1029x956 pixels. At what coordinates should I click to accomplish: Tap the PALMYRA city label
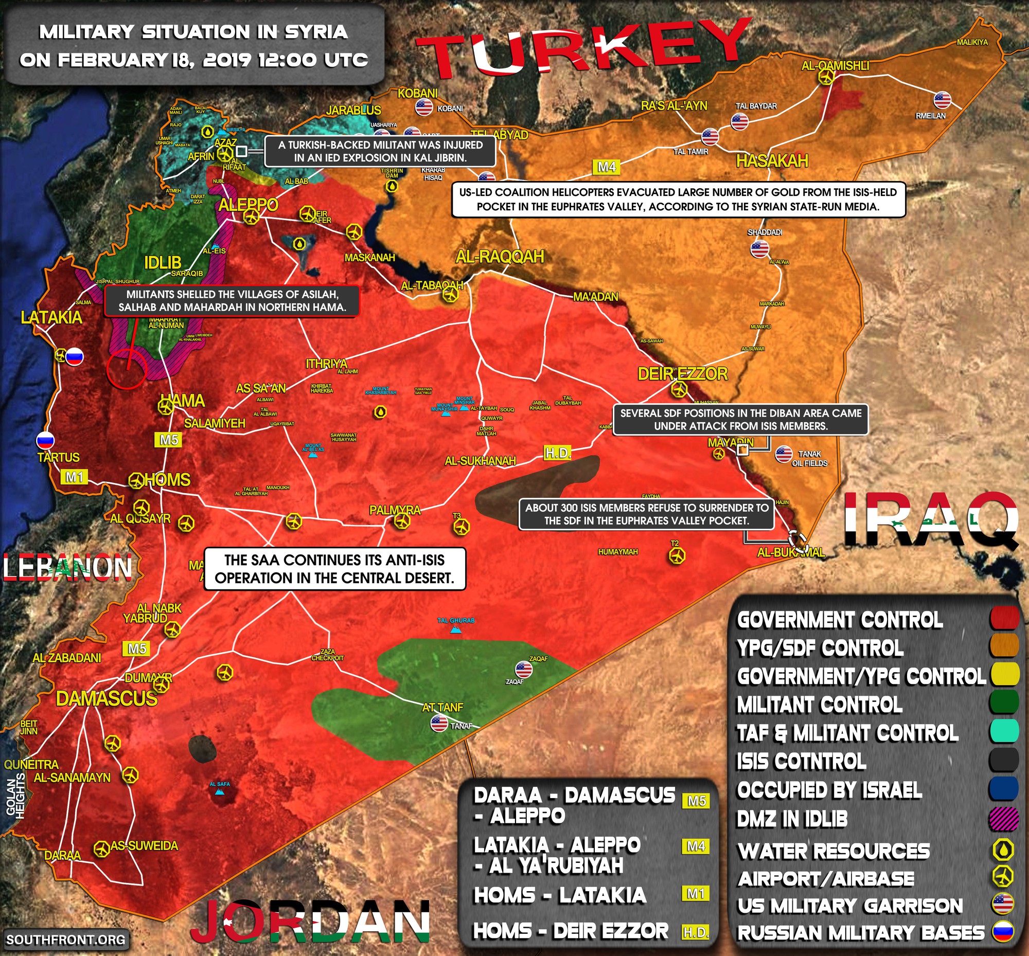[395, 510]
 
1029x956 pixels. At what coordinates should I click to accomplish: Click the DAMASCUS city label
[106, 698]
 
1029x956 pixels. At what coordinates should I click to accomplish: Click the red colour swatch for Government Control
[1004, 619]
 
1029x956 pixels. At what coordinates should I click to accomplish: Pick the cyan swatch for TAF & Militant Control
[1004, 732]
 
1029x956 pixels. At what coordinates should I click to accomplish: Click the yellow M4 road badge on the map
[607, 167]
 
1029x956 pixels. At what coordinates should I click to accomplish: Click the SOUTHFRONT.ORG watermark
[66, 939]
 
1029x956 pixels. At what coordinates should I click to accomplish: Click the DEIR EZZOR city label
[682, 373]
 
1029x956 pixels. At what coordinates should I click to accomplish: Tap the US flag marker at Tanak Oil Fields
[783, 454]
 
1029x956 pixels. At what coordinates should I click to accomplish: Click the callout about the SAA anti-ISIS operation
[335, 569]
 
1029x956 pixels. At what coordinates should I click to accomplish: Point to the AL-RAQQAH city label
[500, 257]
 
